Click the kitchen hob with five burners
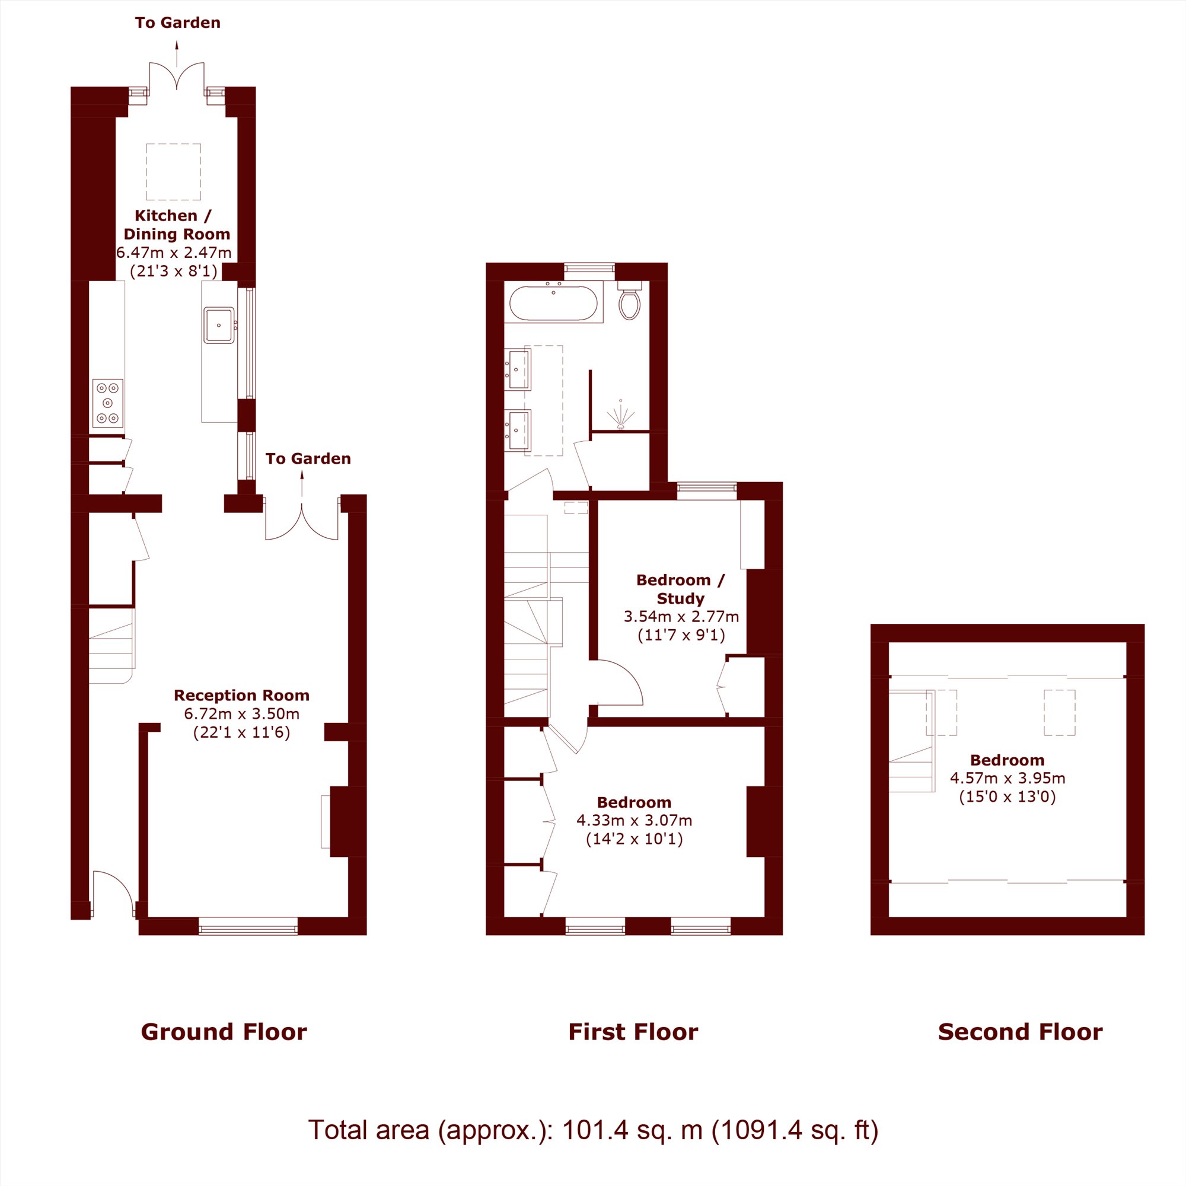108,403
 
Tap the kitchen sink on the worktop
219,326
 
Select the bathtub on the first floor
553,302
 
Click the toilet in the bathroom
629,301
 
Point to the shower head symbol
621,416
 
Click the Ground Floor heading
224,1032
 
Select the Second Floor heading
1020,1032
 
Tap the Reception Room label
242,696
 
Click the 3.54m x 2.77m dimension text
681,616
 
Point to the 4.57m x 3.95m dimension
1008,779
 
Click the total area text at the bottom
593,1130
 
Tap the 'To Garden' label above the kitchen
178,23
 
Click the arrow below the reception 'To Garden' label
302,483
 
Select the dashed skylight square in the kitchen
174,172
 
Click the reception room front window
248,926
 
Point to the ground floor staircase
111,645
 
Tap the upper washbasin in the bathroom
518,369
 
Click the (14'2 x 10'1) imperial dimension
635,839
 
